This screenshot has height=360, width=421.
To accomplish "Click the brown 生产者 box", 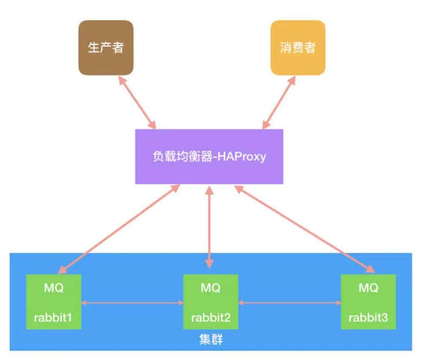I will [x=106, y=47].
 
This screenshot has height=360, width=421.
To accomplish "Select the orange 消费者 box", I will [x=298, y=47].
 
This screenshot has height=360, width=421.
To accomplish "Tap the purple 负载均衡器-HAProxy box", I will [x=209, y=157].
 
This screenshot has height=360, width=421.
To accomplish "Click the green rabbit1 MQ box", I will [x=54, y=302].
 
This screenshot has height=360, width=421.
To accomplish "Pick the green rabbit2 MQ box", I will [x=210, y=302].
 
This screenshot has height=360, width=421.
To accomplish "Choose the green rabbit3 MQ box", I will [x=368, y=302].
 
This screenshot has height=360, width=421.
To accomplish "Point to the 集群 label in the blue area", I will [x=210, y=339].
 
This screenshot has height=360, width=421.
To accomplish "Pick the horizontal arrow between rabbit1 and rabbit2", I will [x=132, y=303].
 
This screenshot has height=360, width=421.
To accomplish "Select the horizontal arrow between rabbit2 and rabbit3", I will [x=289, y=303].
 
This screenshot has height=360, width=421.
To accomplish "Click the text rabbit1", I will [x=54, y=317].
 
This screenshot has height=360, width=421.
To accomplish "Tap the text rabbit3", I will [x=368, y=317].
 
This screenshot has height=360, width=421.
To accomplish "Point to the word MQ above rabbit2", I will [x=210, y=288].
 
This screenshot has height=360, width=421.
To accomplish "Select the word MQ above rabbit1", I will [x=54, y=288].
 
